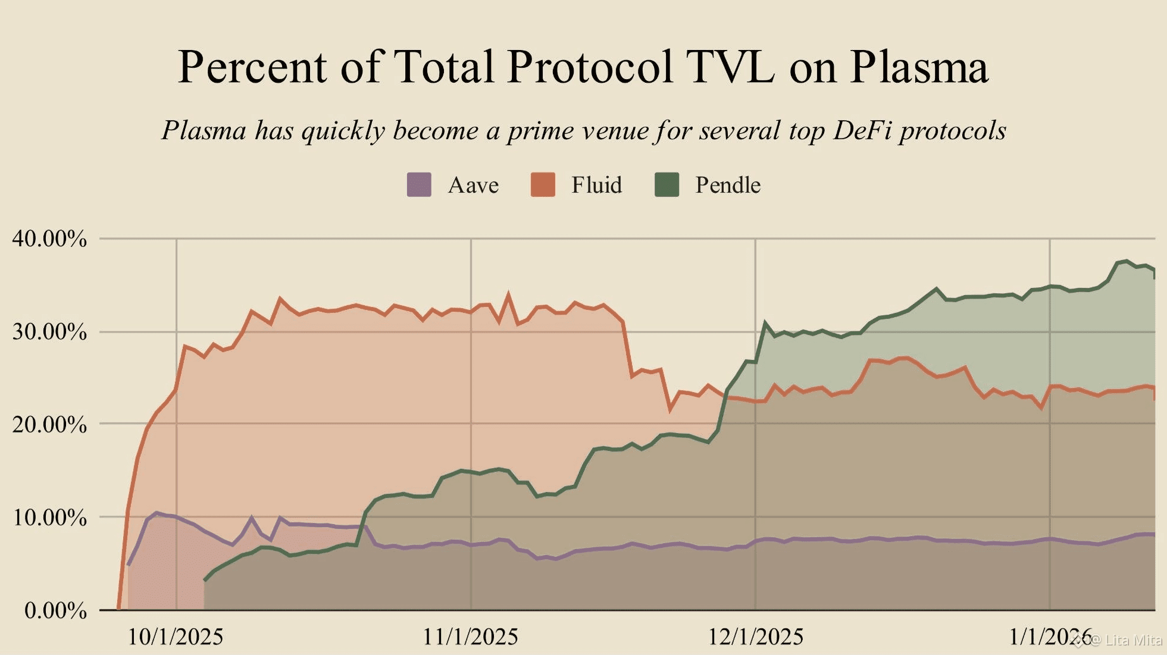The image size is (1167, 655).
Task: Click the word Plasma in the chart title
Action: pyautogui.click(x=919, y=67)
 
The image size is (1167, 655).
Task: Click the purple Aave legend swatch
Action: pyautogui.click(x=419, y=184)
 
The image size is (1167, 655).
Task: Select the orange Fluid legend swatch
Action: pyautogui.click(x=543, y=184)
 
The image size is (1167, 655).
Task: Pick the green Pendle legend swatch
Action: pyautogui.click(x=667, y=184)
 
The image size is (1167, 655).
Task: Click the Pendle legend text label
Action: pyautogui.click(x=727, y=185)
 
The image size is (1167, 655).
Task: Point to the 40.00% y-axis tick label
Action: pyautogui.click(x=49, y=239)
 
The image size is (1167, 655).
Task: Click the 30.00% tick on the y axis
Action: pyautogui.click(x=49, y=331)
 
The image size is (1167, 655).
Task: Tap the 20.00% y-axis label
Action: pyautogui.click(x=49, y=424)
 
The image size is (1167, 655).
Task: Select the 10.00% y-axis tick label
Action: pyautogui.click(x=49, y=517)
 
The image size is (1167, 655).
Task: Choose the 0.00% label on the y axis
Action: pyautogui.click(x=55, y=610)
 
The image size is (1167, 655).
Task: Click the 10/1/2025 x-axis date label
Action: pyautogui.click(x=176, y=637)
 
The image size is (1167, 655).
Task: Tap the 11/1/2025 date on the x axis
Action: pyautogui.click(x=470, y=637)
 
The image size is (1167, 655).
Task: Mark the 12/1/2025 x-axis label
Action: pyautogui.click(x=755, y=637)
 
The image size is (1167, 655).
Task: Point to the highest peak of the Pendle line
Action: pyautogui.click(x=1125, y=261)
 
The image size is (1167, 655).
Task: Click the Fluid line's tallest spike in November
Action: pyautogui.click(x=508, y=294)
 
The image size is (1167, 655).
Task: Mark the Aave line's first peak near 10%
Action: pyautogui.click(x=156, y=513)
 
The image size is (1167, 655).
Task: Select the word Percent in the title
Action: pyautogui.click(x=252, y=67)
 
